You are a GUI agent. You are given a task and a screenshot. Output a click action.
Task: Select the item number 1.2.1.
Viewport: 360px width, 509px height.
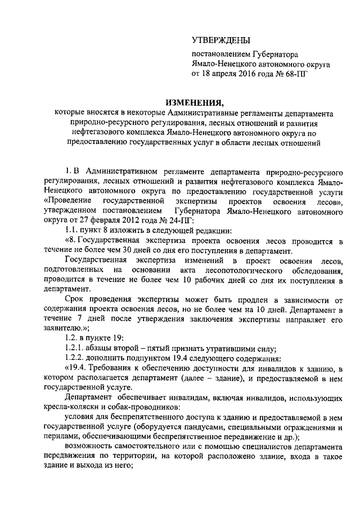(x=76, y=348)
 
